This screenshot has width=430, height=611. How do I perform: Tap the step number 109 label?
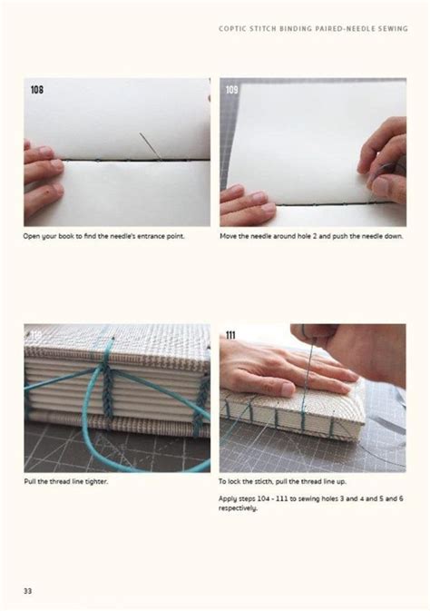click(232, 89)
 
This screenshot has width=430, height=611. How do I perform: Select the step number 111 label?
click(231, 335)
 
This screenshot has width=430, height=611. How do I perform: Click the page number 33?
click(28, 591)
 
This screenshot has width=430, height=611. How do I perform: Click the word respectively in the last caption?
click(239, 508)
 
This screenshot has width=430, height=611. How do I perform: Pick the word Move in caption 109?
click(229, 236)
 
